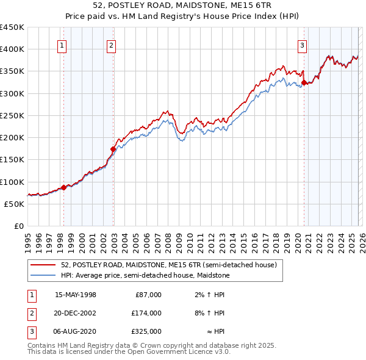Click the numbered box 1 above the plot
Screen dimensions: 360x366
(63, 45)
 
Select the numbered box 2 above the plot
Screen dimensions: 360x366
(112, 45)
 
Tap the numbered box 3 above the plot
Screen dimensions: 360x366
(302, 45)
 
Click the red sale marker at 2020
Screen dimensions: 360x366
(304, 82)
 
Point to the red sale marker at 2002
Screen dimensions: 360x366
(113, 149)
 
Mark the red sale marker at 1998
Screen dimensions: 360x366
(63, 187)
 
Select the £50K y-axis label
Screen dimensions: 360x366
(15, 204)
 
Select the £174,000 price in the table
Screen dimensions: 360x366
(146, 313)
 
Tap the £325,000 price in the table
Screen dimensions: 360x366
(146, 331)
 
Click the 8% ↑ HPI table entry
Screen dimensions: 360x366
(212, 313)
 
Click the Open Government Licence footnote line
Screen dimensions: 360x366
(129, 352)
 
